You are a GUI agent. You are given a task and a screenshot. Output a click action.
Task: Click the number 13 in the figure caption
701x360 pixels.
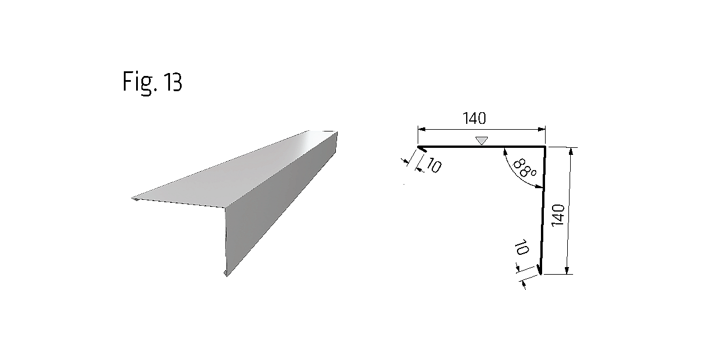pyautogui.click(x=172, y=82)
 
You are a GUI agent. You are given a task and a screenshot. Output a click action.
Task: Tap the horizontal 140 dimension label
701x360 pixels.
pyautogui.click(x=474, y=118)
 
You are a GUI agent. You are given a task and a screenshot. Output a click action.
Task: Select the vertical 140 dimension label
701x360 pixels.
pyautogui.click(x=558, y=216)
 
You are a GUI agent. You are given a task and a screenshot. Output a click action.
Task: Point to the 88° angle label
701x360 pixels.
pyautogui.click(x=525, y=168)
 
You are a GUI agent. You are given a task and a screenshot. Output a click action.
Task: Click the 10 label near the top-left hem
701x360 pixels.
pyautogui.click(x=433, y=165)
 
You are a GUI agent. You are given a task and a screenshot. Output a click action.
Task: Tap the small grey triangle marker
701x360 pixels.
pyautogui.click(x=481, y=141)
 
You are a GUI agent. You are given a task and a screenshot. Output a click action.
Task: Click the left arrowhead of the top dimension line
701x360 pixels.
pyautogui.click(x=422, y=129)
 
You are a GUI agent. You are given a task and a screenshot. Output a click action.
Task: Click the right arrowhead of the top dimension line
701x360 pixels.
pyautogui.click(x=542, y=129)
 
